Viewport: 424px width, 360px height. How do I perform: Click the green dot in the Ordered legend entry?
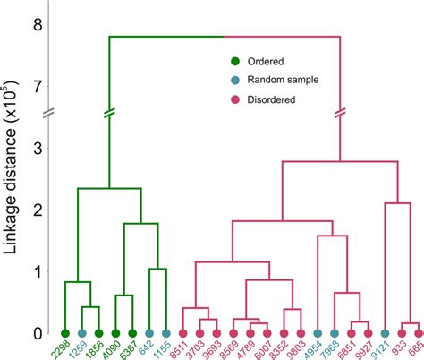[235, 62]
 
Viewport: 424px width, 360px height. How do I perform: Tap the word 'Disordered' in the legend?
[275, 99]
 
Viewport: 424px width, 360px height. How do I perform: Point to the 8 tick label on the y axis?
[37, 25]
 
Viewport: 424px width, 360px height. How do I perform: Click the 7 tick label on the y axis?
[37, 87]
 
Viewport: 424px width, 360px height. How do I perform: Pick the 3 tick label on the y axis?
[37, 149]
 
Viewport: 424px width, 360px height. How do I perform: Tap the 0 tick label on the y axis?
[37, 333]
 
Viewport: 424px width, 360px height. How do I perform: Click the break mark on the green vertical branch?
[109, 114]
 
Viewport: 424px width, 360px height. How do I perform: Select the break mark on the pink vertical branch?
[341, 114]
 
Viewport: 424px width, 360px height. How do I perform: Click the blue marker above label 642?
[149, 333]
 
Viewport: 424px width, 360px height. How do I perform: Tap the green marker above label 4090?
[115, 333]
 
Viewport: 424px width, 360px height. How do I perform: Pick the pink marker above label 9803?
[301, 333]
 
